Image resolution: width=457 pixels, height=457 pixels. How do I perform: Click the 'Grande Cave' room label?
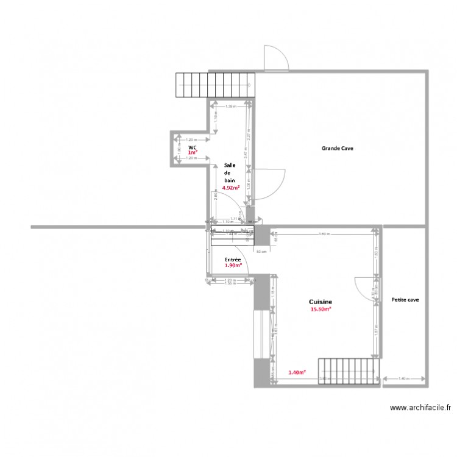click(x=338, y=148)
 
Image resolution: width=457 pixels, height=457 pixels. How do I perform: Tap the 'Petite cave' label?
click(x=405, y=300)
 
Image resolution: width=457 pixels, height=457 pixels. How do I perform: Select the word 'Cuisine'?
click(x=321, y=302)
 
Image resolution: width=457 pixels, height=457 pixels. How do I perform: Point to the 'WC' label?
click(x=192, y=147)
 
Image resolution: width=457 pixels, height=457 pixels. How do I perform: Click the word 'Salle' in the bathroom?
click(x=230, y=165)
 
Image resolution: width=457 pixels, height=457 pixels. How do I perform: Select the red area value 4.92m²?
click(x=231, y=188)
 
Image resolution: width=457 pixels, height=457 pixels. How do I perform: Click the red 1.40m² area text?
click(x=297, y=372)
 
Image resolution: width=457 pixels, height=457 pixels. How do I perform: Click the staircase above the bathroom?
click(x=215, y=85)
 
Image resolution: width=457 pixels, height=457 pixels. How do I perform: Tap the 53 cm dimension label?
click(x=260, y=251)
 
